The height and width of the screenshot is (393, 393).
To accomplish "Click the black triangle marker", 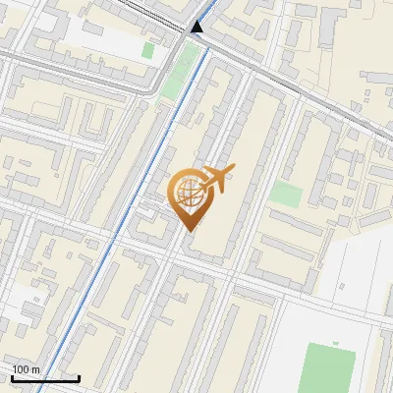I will click(197, 26).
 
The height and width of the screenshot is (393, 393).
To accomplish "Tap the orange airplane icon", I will click(216, 180).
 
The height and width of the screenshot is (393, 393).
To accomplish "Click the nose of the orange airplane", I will click(232, 170).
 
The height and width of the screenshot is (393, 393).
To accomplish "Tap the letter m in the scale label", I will click(35, 369).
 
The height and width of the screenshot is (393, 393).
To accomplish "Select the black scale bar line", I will click(45, 378).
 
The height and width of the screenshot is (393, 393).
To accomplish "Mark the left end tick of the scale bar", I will click(12, 377).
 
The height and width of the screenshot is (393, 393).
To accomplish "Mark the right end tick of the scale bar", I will click(79, 377).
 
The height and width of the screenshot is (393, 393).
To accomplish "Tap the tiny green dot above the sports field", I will click(335, 343).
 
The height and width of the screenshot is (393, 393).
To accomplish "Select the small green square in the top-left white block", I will click(148, 49).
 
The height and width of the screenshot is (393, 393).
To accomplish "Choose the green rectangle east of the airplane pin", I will click(286, 194).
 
